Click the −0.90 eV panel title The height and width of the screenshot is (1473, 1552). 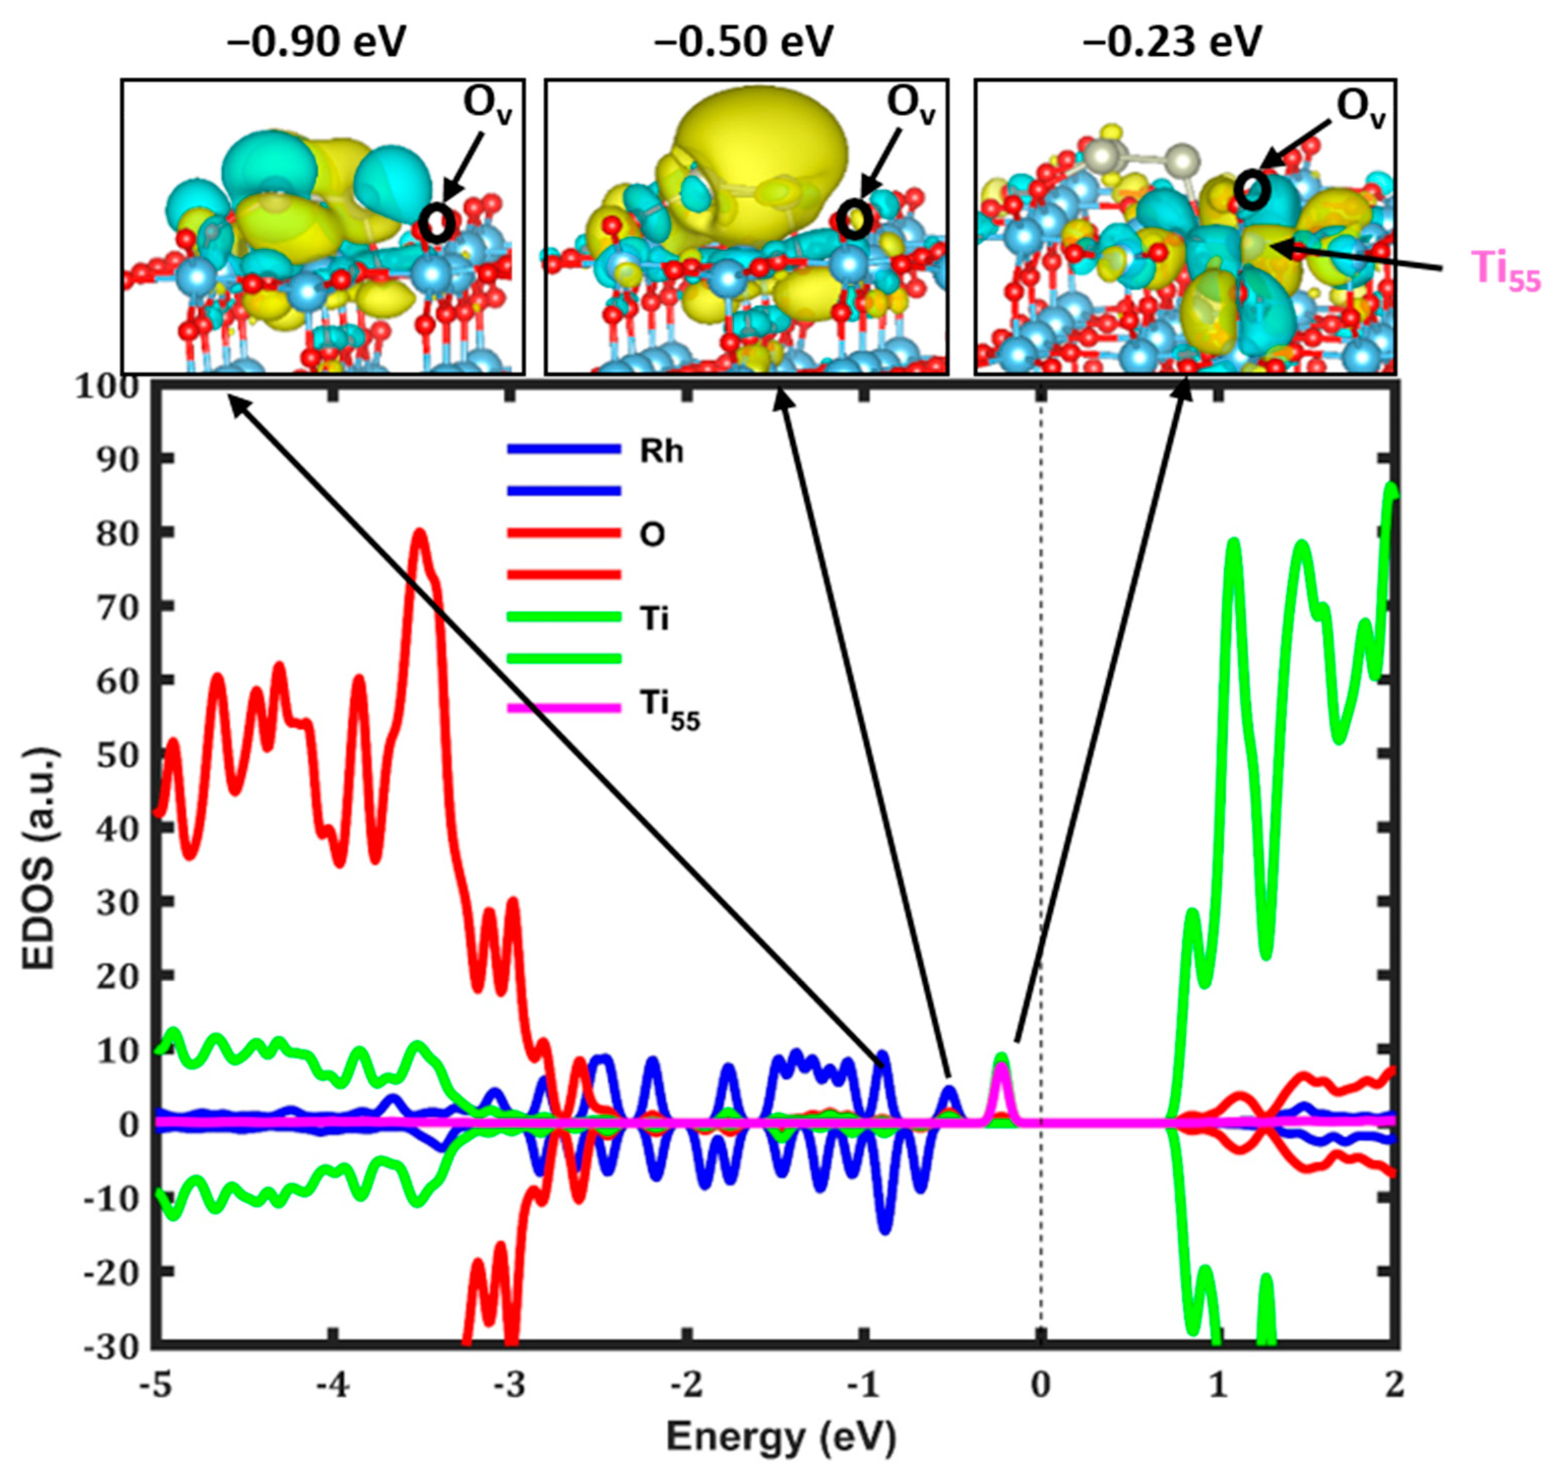[x=316, y=41]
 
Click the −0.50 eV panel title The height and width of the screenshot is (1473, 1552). [x=743, y=41]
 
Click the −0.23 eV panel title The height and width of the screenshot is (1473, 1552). [x=1172, y=41]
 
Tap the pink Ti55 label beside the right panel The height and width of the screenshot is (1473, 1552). [x=1505, y=271]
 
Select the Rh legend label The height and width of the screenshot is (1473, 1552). [x=661, y=452]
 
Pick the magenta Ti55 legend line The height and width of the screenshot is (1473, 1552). [x=564, y=708]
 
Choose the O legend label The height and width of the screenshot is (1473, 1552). [x=652, y=535]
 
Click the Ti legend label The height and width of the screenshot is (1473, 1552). [x=654, y=619]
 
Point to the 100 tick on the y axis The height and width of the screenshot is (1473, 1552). [x=106, y=386]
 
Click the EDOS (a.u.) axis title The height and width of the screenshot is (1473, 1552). [x=39, y=859]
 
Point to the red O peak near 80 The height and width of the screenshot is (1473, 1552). [x=420, y=534]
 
